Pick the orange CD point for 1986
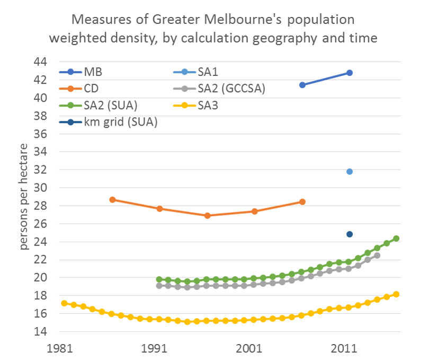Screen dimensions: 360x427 [112, 200]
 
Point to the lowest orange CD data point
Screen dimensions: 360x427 [207, 216]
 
